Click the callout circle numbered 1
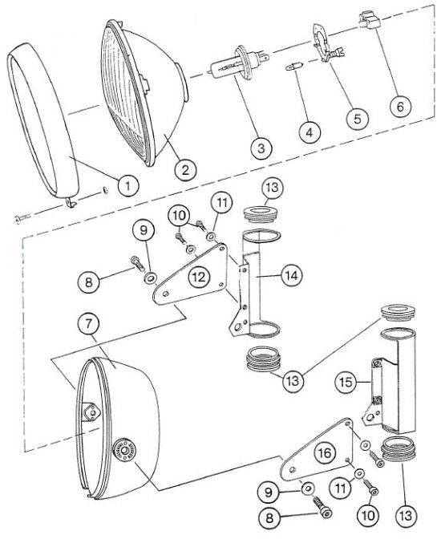tap(127, 185)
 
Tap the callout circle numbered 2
tap(185, 169)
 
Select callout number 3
tap(261, 148)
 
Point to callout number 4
tap(310, 132)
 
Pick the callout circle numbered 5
tap(357, 119)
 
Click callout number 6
tap(400, 106)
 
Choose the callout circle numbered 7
tap(89, 324)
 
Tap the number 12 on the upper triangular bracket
tap(199, 277)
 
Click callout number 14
tap(292, 275)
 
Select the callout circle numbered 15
tap(346, 382)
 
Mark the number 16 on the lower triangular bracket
tap(325, 453)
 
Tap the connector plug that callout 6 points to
tap(368, 21)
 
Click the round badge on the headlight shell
tap(124, 449)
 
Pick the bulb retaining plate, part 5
tap(326, 44)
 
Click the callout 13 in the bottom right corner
tap(406, 515)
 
